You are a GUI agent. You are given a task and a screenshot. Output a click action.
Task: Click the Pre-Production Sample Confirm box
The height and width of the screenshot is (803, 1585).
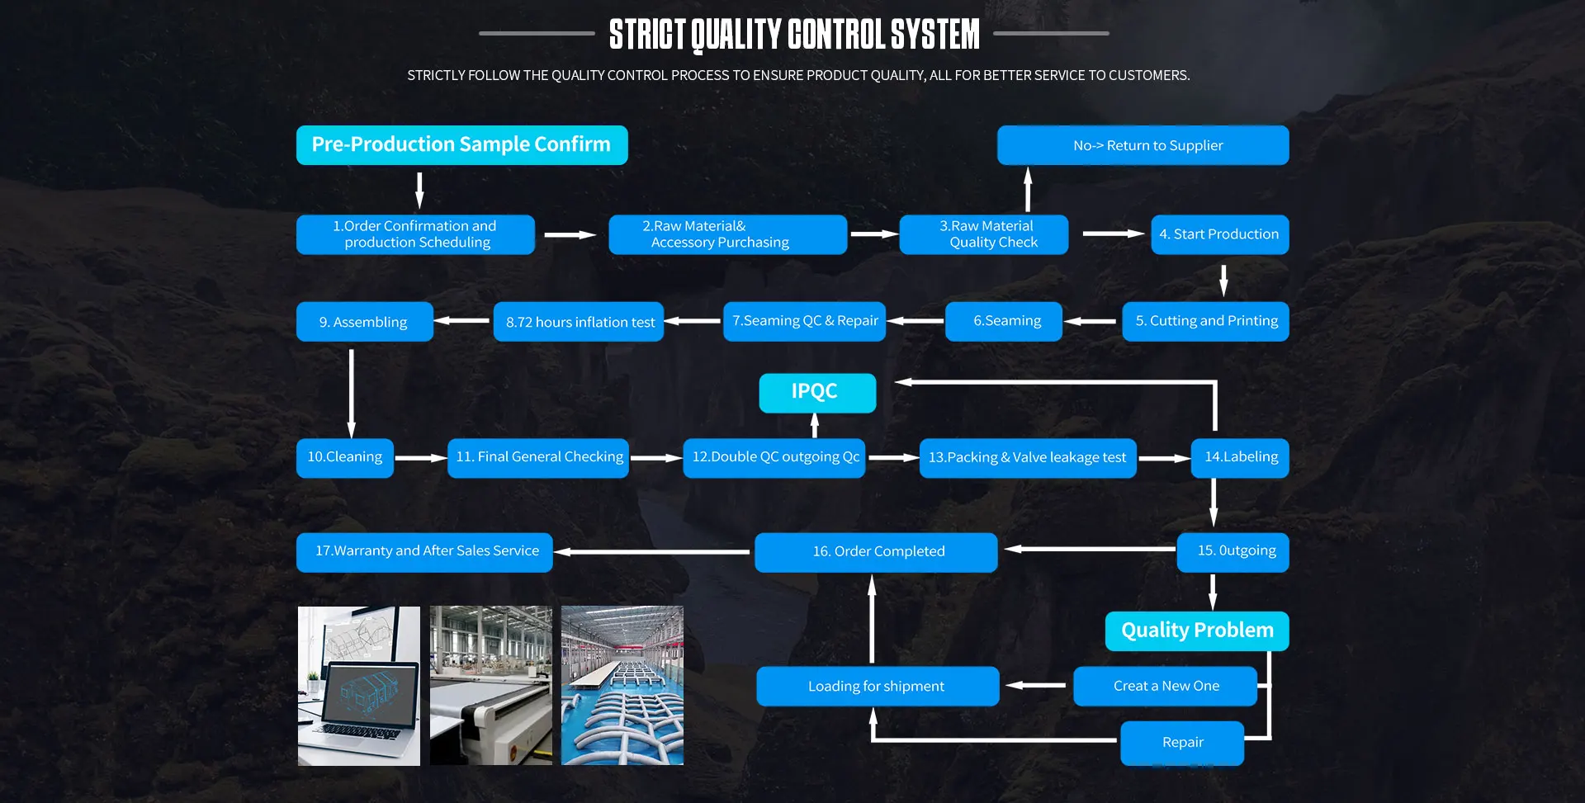point(461,145)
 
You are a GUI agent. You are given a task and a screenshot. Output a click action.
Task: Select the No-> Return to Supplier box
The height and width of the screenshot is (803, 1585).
point(1143,145)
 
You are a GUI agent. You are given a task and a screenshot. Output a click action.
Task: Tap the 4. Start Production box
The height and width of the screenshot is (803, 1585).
point(1219,234)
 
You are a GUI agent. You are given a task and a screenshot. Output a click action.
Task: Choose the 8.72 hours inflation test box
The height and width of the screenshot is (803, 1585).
point(579,322)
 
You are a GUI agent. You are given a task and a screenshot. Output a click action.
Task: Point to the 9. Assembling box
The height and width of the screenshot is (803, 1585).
point(364,322)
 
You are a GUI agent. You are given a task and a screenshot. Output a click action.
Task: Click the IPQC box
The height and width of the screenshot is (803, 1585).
point(816,392)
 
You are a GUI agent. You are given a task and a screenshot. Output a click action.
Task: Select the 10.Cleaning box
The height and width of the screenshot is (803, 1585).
point(344,457)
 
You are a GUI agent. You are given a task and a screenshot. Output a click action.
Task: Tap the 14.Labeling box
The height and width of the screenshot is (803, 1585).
point(1239,457)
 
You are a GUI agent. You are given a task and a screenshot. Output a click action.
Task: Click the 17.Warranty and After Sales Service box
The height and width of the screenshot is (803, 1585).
point(424,551)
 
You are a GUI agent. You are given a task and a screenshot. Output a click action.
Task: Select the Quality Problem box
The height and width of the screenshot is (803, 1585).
point(1196,631)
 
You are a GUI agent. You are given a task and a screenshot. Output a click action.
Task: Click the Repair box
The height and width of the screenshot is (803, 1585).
point(1181,743)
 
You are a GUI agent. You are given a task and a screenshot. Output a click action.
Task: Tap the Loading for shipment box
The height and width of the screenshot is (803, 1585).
point(877,686)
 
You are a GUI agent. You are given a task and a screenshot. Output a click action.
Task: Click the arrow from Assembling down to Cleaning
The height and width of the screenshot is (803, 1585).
point(352,393)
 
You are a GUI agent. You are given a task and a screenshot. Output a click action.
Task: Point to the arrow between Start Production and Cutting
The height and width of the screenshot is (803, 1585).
point(1223,280)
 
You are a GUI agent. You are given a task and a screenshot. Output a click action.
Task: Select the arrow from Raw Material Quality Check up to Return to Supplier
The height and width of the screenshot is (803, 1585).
point(1028,190)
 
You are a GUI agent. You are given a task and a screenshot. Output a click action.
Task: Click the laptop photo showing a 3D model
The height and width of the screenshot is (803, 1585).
point(359,686)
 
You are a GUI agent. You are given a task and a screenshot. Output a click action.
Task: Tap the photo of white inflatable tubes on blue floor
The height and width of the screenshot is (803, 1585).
point(622,686)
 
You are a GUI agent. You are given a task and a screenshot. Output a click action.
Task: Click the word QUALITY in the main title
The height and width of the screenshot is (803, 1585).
point(736,35)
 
